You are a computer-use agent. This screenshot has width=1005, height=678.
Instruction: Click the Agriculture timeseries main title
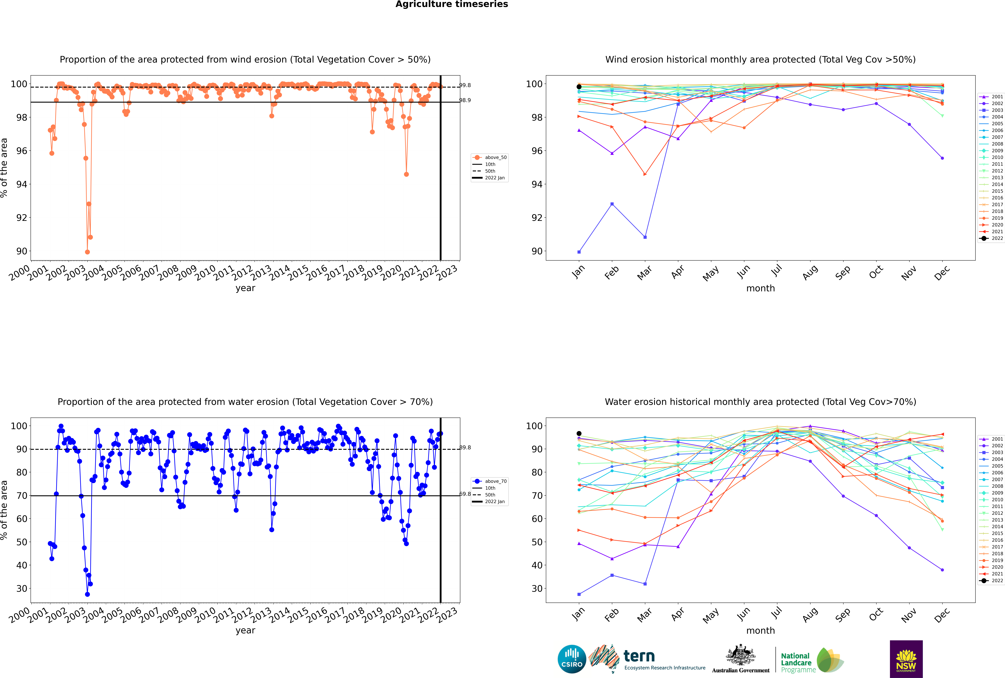[452, 4]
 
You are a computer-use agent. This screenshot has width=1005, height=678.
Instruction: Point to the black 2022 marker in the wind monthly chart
[579, 87]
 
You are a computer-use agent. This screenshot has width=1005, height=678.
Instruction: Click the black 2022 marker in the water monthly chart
[579, 433]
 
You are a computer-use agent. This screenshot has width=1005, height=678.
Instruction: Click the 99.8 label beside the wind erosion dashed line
[465, 85]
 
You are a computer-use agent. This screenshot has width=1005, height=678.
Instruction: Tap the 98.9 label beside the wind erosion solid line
[465, 100]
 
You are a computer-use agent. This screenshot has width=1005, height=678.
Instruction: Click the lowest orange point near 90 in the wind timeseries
[87, 252]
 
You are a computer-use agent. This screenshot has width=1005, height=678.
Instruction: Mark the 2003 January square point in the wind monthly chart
[579, 252]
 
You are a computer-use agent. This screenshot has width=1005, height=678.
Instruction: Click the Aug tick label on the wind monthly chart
[810, 272]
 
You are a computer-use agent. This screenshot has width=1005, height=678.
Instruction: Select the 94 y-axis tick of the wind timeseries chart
[22, 184]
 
